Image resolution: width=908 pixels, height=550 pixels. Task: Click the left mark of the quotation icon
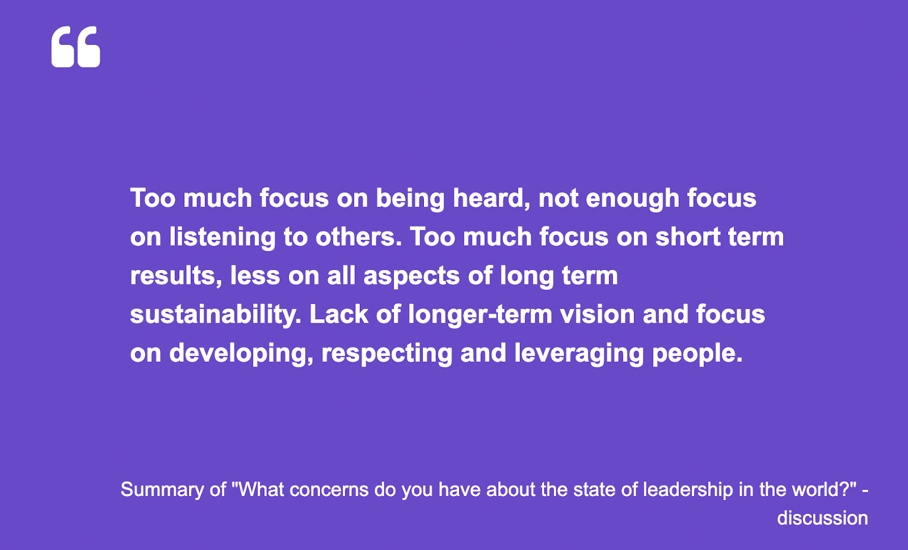click(x=63, y=47)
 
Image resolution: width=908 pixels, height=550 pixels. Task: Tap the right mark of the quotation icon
click(x=89, y=47)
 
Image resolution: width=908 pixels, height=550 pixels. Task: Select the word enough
click(x=632, y=199)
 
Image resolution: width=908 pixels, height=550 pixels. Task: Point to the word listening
click(x=222, y=238)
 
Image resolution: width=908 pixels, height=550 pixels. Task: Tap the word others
click(x=358, y=237)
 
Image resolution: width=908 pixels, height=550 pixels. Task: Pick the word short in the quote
click(x=688, y=237)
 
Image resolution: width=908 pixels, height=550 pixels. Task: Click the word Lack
click(x=339, y=315)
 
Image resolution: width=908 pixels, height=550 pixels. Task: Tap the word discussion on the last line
click(x=822, y=518)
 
